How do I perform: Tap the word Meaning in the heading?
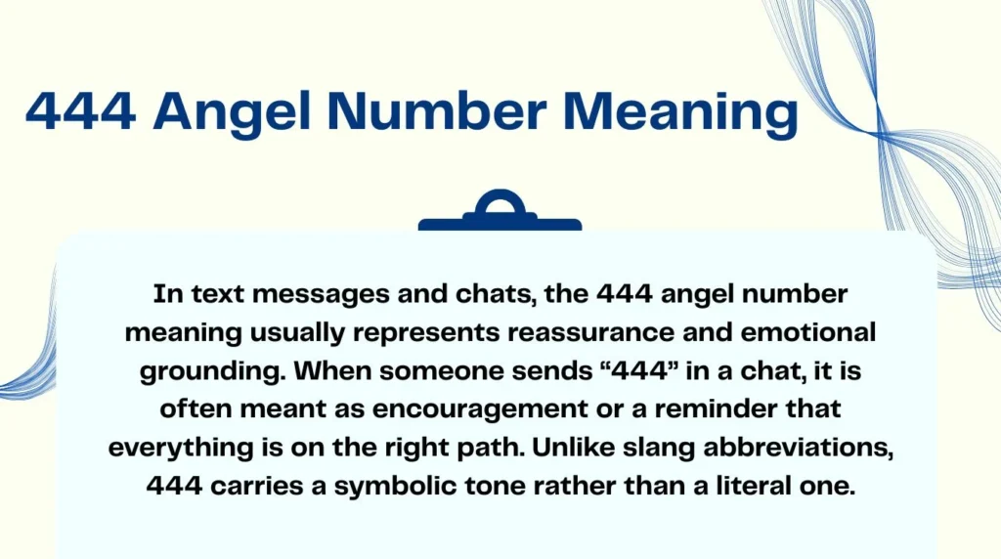pos(684,112)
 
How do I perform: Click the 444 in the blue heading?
pos(80,112)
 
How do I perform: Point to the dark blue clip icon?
pos(500,212)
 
